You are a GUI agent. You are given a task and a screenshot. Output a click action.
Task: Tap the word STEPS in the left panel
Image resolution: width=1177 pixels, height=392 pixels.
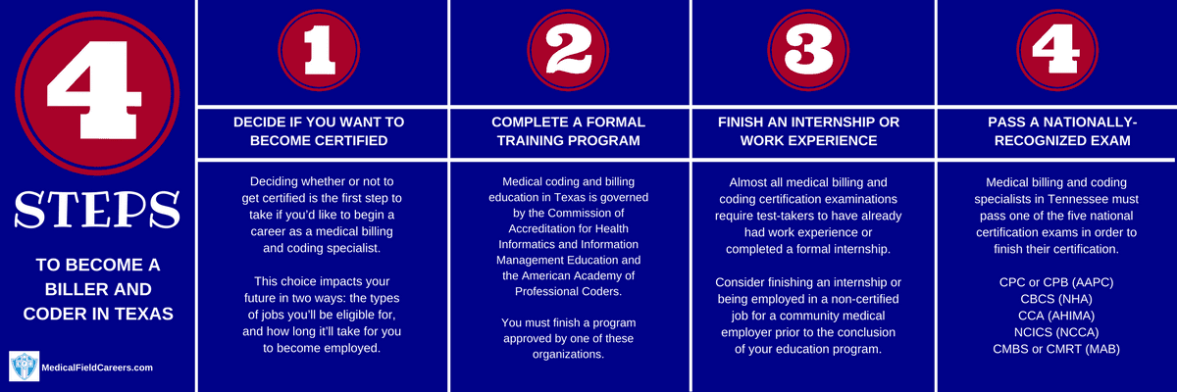[97, 210]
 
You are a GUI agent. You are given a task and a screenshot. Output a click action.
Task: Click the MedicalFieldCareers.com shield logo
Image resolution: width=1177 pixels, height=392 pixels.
[25, 366]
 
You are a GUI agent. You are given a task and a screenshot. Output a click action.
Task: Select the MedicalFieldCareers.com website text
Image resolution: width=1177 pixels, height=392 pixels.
[97, 367]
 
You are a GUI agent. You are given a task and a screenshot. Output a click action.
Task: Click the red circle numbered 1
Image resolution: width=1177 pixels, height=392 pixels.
[319, 50]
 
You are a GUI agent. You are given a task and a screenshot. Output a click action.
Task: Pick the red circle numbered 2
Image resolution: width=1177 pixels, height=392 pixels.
[568, 50]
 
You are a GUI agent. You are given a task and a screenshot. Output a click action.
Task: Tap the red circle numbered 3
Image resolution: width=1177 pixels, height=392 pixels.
[808, 50]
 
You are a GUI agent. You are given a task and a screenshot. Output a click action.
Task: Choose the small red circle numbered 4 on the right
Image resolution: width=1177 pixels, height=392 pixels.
[1057, 50]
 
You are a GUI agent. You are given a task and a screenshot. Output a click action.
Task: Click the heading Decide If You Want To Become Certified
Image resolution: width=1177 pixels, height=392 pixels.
[319, 131]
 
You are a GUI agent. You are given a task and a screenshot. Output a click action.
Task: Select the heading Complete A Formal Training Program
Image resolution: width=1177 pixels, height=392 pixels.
[569, 131]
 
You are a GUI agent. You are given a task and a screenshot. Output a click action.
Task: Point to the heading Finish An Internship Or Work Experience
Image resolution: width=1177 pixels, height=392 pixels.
[808, 131]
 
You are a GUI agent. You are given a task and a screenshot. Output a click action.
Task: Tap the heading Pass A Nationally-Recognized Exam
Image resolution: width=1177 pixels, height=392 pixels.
[1062, 131]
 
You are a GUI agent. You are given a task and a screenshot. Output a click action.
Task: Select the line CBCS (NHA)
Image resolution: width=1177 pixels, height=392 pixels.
[1056, 299]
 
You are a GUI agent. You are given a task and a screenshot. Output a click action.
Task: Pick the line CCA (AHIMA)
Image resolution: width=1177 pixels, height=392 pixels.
[1056, 316]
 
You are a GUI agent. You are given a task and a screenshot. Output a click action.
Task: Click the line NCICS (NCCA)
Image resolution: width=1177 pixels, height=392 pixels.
[1056, 332]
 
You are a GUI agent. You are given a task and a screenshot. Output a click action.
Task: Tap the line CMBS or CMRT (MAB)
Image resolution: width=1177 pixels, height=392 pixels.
[1056, 350]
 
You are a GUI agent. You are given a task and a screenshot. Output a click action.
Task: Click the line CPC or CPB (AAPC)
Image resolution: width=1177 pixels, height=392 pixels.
[1056, 282]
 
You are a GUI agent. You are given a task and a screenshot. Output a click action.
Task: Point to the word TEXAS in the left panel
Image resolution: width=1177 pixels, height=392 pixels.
[144, 314]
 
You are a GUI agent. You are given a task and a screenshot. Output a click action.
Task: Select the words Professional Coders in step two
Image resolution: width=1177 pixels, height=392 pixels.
[568, 292]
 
